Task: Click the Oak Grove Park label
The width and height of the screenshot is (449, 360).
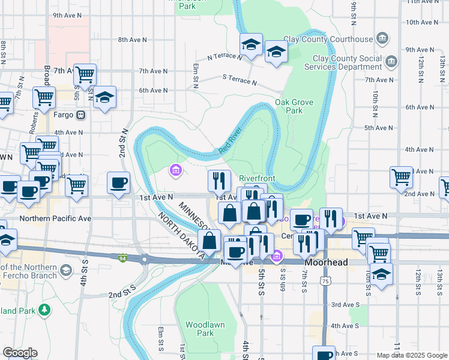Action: click(x=294, y=106)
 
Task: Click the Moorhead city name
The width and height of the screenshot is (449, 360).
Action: click(x=326, y=263)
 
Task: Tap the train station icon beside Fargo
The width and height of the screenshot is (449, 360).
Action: click(x=80, y=115)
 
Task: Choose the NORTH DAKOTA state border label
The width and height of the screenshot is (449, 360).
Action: click(x=179, y=233)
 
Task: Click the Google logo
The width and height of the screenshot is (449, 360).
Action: click(x=20, y=353)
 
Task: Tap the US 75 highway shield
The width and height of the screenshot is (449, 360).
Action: click(x=325, y=281)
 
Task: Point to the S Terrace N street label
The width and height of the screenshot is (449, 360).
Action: click(x=239, y=80)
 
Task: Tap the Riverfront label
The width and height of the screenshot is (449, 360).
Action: click(x=257, y=179)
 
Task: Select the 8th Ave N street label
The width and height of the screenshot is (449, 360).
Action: click(x=132, y=40)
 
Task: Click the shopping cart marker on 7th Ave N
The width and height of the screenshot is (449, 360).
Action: click(x=85, y=74)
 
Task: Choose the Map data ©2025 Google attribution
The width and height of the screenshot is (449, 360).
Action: click(x=411, y=355)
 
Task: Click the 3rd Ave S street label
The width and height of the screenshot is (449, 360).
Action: click(x=345, y=305)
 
